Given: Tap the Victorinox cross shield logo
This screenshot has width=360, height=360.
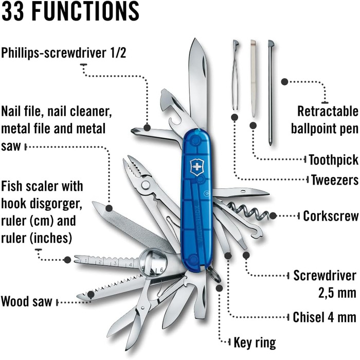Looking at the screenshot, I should pos(197,168).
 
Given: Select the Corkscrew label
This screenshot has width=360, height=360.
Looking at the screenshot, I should pos(330,216).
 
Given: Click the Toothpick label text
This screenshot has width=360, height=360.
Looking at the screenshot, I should pos(333,160).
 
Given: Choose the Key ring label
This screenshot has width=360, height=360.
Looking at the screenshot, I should pos(255,342).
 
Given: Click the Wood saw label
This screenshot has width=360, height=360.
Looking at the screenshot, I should pos(27,301).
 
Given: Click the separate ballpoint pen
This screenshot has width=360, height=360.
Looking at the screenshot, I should pos(271,93).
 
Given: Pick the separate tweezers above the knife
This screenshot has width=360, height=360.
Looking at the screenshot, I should pos(235,77).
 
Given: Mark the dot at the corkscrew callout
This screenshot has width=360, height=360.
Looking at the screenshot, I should pos(273,216).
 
